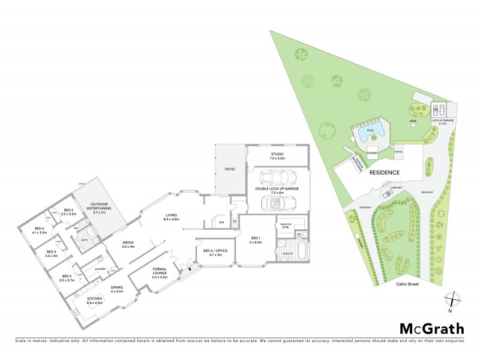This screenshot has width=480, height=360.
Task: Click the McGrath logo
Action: tap(432, 328)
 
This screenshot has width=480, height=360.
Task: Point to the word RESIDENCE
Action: tap(385, 172)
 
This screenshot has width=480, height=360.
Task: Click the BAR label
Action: tap(221, 223)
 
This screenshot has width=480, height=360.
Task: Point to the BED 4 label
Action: tap(40, 230)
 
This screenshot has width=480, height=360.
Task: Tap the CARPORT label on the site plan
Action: tap(395, 187)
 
